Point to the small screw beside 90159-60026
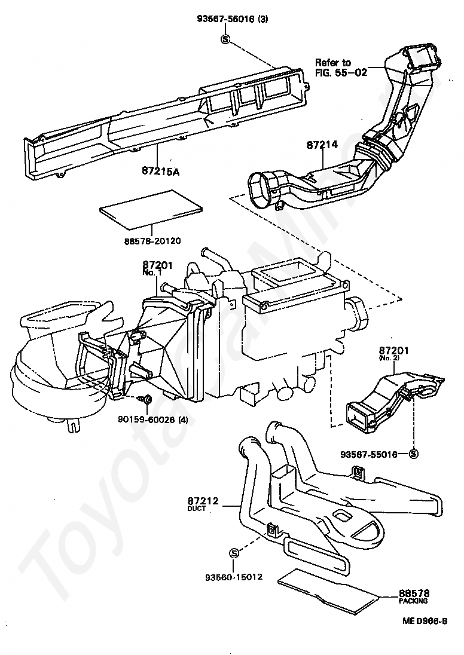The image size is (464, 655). [146, 399]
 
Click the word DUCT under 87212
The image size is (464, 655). [196, 509]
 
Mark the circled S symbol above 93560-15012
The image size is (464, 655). [234, 551]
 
